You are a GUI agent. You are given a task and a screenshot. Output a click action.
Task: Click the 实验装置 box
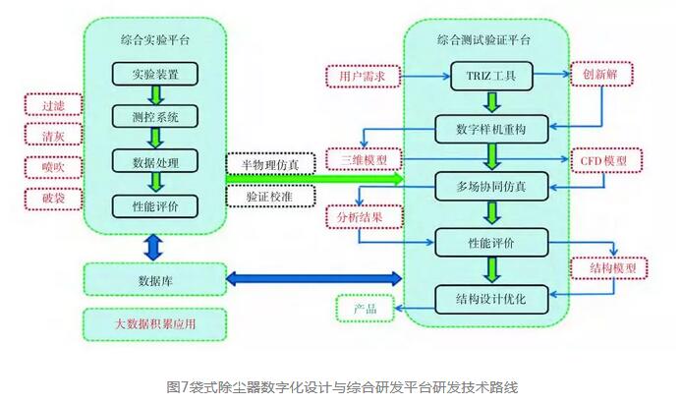(x=154, y=74)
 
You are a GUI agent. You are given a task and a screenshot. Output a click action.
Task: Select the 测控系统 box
(x=154, y=116)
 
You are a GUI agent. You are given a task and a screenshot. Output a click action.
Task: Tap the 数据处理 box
(x=154, y=160)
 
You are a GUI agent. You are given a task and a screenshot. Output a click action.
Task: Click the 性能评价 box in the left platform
(x=154, y=205)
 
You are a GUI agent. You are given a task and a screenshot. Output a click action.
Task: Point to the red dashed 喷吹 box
(x=52, y=168)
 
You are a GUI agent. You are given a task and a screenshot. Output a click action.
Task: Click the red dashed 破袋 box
(x=52, y=200)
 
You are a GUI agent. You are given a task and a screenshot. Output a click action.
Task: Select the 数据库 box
(x=154, y=279)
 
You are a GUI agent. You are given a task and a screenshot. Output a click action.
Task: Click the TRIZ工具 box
(x=487, y=75)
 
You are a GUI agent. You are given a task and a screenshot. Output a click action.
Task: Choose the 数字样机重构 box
(x=487, y=128)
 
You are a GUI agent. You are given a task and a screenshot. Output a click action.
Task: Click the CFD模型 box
(x=605, y=160)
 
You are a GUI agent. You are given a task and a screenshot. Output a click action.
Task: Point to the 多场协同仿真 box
(x=487, y=185)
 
